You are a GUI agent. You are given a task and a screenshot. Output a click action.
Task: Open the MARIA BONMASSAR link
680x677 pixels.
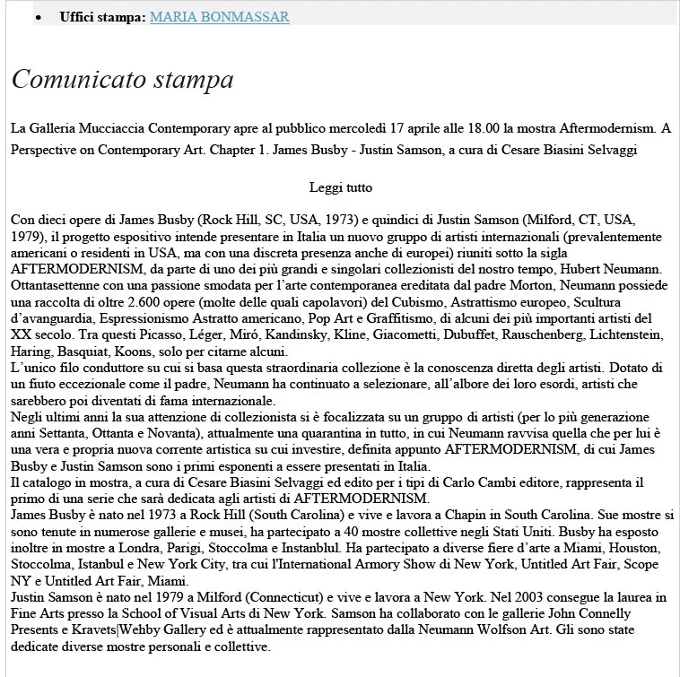(x=219, y=17)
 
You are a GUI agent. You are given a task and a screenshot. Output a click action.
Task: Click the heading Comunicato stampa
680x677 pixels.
(x=123, y=80)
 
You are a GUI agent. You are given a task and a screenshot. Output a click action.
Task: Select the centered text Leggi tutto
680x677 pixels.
(x=340, y=187)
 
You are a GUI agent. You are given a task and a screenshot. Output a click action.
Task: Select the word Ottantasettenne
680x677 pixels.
(x=58, y=286)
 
